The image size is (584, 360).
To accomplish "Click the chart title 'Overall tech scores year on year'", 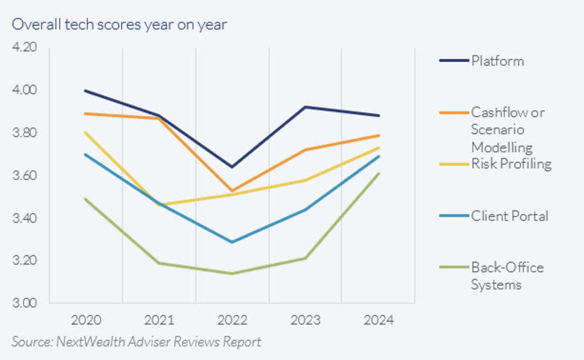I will pos(120,25).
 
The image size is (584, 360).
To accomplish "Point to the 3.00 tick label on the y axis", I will pos(24,303).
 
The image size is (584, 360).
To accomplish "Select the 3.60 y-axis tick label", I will pos(24,175).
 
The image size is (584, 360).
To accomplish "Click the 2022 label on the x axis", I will pos(232,320).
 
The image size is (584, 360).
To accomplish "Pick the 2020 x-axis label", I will pos(86,320).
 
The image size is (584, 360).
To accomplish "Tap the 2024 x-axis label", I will pos(378,320).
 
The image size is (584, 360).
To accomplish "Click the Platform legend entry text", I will pos(497,61).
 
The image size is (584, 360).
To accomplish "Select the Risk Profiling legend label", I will pos(511,164).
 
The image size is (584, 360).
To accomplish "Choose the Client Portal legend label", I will pos(509,216).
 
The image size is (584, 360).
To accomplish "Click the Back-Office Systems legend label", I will pos(507,276).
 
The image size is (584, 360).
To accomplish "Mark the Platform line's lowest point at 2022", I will pos(232,167).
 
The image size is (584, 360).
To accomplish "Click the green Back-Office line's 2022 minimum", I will pos(232,273).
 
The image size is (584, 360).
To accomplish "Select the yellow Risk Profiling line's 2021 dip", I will pos(159,204).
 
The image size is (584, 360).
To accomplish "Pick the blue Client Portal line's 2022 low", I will pos(232,242).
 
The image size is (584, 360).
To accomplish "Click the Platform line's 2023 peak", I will pos(305,107).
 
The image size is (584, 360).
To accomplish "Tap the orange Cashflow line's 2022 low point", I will pos(232,191).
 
